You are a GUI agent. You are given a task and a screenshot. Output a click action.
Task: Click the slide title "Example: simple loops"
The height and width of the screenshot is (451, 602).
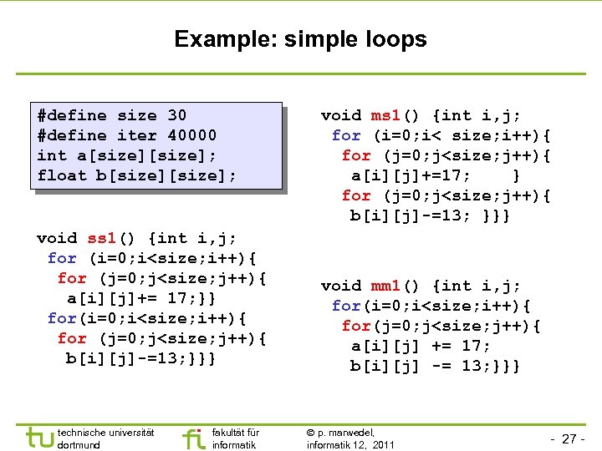click(x=300, y=39)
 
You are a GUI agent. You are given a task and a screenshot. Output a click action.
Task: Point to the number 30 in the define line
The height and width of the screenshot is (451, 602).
click(x=176, y=115)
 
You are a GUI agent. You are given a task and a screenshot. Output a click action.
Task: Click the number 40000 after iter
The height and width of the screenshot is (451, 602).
click(x=191, y=135)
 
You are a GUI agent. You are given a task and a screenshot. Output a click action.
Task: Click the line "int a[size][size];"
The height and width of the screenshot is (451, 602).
click(x=126, y=155)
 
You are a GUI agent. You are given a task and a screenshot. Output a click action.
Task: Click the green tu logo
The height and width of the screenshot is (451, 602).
click(x=38, y=438)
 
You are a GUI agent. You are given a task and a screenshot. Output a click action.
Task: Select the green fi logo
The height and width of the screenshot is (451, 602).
click(x=192, y=438)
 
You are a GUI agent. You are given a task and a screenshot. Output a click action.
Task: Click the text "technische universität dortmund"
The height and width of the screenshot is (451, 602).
click(x=105, y=438)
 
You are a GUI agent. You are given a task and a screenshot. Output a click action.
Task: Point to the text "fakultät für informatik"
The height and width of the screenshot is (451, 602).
click(x=236, y=438)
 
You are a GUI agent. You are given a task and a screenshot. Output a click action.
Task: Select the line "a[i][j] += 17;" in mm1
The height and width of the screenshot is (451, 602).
click(x=420, y=346)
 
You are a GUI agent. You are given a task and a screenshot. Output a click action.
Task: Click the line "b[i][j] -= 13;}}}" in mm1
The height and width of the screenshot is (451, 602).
click(x=435, y=366)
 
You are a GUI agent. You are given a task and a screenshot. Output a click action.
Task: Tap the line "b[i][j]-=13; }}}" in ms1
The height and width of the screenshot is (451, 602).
click(x=430, y=216)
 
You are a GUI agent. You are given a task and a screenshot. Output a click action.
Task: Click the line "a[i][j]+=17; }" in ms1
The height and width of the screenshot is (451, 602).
click(x=435, y=175)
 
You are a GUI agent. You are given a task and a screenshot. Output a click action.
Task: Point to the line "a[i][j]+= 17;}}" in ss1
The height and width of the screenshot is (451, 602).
click(x=143, y=298)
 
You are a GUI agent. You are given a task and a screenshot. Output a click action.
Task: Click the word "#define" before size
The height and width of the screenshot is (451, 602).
click(x=72, y=115)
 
